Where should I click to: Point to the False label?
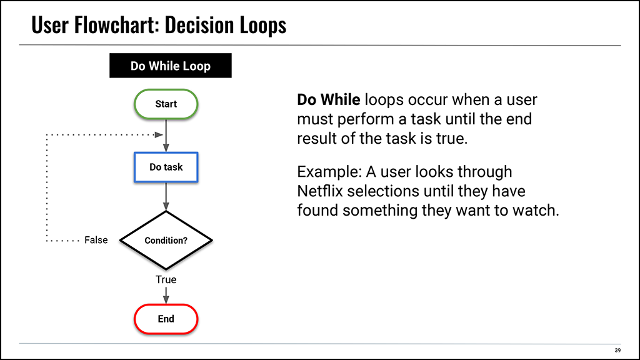tap(96, 240)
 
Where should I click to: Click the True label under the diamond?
tap(166, 279)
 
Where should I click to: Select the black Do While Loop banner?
tap(171, 65)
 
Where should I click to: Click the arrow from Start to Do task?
tap(166, 136)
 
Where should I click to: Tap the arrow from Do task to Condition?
tap(166, 196)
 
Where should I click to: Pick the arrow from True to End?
tap(166, 295)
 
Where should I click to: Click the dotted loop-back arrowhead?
tap(159, 135)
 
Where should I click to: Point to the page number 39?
tap(617, 350)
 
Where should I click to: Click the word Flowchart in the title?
tap(116, 25)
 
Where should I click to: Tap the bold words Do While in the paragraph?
tap(329, 99)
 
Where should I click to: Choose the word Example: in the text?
tap(329, 172)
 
